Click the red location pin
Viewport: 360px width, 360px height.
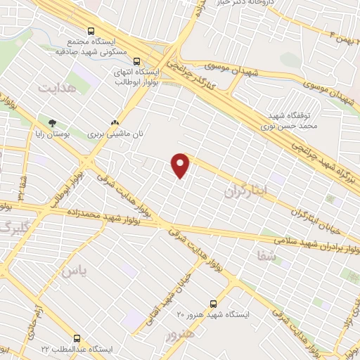click(181, 165)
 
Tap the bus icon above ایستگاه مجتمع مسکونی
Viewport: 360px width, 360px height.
click(91, 32)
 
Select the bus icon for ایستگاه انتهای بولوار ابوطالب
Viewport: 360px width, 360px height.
click(136, 60)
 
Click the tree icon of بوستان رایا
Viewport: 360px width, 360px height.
click(53, 122)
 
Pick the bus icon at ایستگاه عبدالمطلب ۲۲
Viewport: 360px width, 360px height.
click(75, 338)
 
